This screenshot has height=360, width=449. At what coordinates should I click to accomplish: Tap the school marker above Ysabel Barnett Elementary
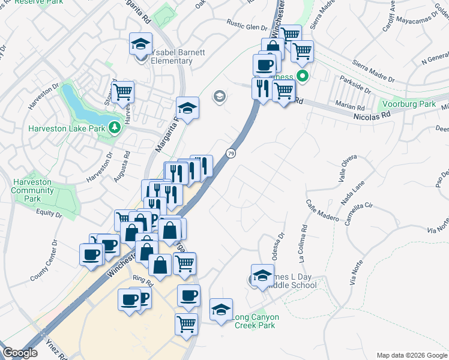click(140, 44)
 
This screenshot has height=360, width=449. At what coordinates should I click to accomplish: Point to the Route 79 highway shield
click(231, 154)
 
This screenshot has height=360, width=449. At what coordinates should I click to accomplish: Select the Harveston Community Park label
click(33, 190)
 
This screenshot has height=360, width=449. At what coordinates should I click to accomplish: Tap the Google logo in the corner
click(20, 353)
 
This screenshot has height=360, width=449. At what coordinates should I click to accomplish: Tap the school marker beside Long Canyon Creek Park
click(221, 310)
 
